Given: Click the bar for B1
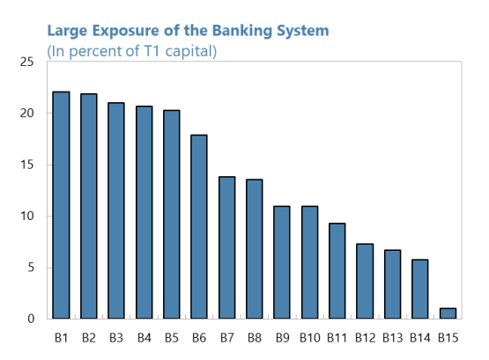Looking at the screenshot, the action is coord(61,205).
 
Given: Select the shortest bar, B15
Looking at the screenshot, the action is coord(448,313).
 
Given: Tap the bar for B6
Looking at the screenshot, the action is coord(199,227).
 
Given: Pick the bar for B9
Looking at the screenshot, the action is coord(282,262).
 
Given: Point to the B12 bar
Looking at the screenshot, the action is coord(365,281).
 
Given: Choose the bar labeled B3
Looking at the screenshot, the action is coord(116,210).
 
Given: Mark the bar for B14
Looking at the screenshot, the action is coord(420,289).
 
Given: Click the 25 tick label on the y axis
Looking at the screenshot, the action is coord(26,62).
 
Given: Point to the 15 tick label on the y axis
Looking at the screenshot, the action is coord(26,165).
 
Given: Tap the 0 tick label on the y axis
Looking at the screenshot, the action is coord(31,319).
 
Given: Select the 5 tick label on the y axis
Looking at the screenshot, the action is coord(31,268).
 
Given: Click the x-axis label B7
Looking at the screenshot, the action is coord(226,338).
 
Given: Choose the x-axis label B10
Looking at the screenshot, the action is coord(309,338).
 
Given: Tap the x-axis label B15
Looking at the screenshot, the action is coord(448,338).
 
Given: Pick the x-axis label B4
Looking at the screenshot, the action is coord(144,338).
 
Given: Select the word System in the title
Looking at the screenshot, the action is coord(303,31).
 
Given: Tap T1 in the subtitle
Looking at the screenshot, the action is coord(152,51).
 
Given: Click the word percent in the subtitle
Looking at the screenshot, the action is coord(95,52).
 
